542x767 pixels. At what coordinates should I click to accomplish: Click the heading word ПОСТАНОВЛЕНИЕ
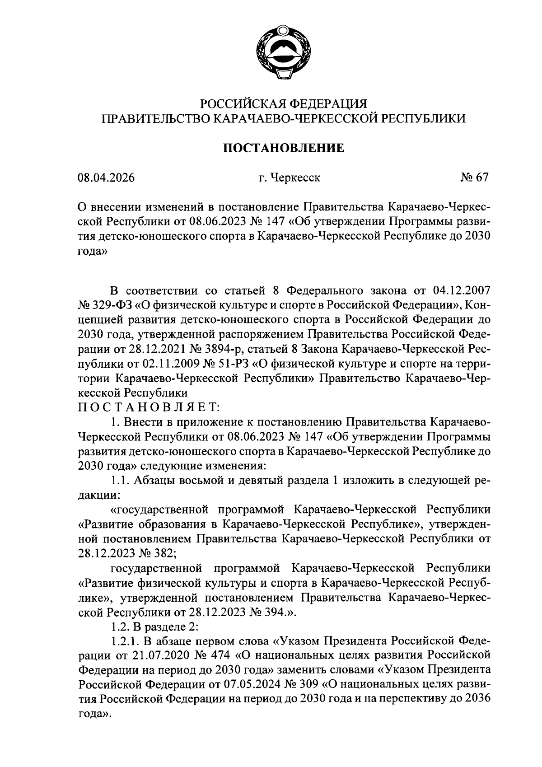coord(284,148)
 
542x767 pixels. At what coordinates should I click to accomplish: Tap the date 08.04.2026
coord(106,178)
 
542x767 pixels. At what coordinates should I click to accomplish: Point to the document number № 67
coord(475,178)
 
